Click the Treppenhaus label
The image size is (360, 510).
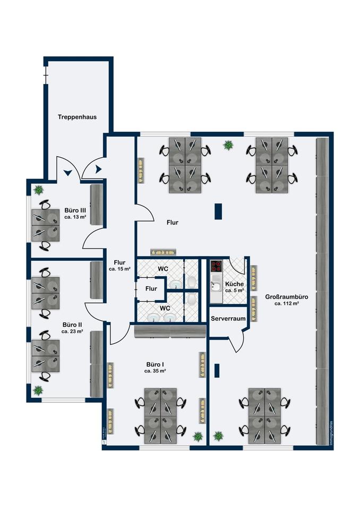point(77,116)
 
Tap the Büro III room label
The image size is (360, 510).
point(75,211)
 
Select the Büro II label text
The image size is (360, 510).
point(72,324)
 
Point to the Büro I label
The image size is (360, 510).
point(155,364)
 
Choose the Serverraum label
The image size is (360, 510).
point(228,318)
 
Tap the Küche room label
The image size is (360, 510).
point(234,284)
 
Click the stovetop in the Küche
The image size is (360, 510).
point(216,266)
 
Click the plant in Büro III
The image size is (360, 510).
point(39,189)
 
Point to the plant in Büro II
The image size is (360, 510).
point(38,390)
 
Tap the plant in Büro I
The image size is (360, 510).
point(198,436)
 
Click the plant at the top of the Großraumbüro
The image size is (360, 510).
point(228,144)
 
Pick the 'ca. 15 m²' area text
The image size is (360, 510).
point(119,269)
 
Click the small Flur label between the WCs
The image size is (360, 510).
point(152,288)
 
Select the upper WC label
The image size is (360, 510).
point(163,269)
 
